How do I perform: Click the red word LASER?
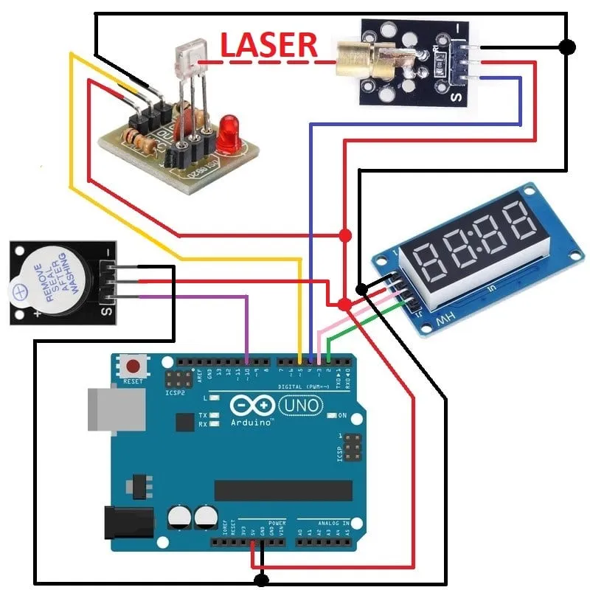[x=269, y=45]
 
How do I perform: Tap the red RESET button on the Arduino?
[x=134, y=366]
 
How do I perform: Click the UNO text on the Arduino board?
[x=302, y=405]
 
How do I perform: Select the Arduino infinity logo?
[x=254, y=406]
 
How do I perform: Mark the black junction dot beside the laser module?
[x=566, y=47]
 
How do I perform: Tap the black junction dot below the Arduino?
[x=260, y=580]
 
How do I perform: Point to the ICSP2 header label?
[x=176, y=392]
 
